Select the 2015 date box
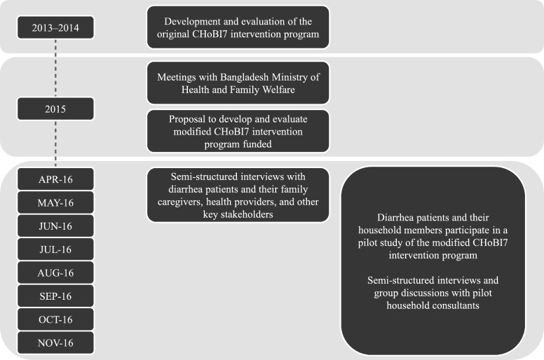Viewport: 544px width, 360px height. click(56, 109)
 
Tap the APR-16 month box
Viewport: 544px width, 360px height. click(56, 179)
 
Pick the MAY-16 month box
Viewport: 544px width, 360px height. click(56, 202)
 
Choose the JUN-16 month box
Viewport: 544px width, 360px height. click(56, 226)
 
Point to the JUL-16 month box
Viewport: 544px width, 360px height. click(56, 249)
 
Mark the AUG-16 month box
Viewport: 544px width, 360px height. click(56, 272)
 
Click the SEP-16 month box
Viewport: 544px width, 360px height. click(56, 296)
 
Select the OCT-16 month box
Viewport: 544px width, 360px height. click(56, 319)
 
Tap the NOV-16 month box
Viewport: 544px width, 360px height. click(56, 342)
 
